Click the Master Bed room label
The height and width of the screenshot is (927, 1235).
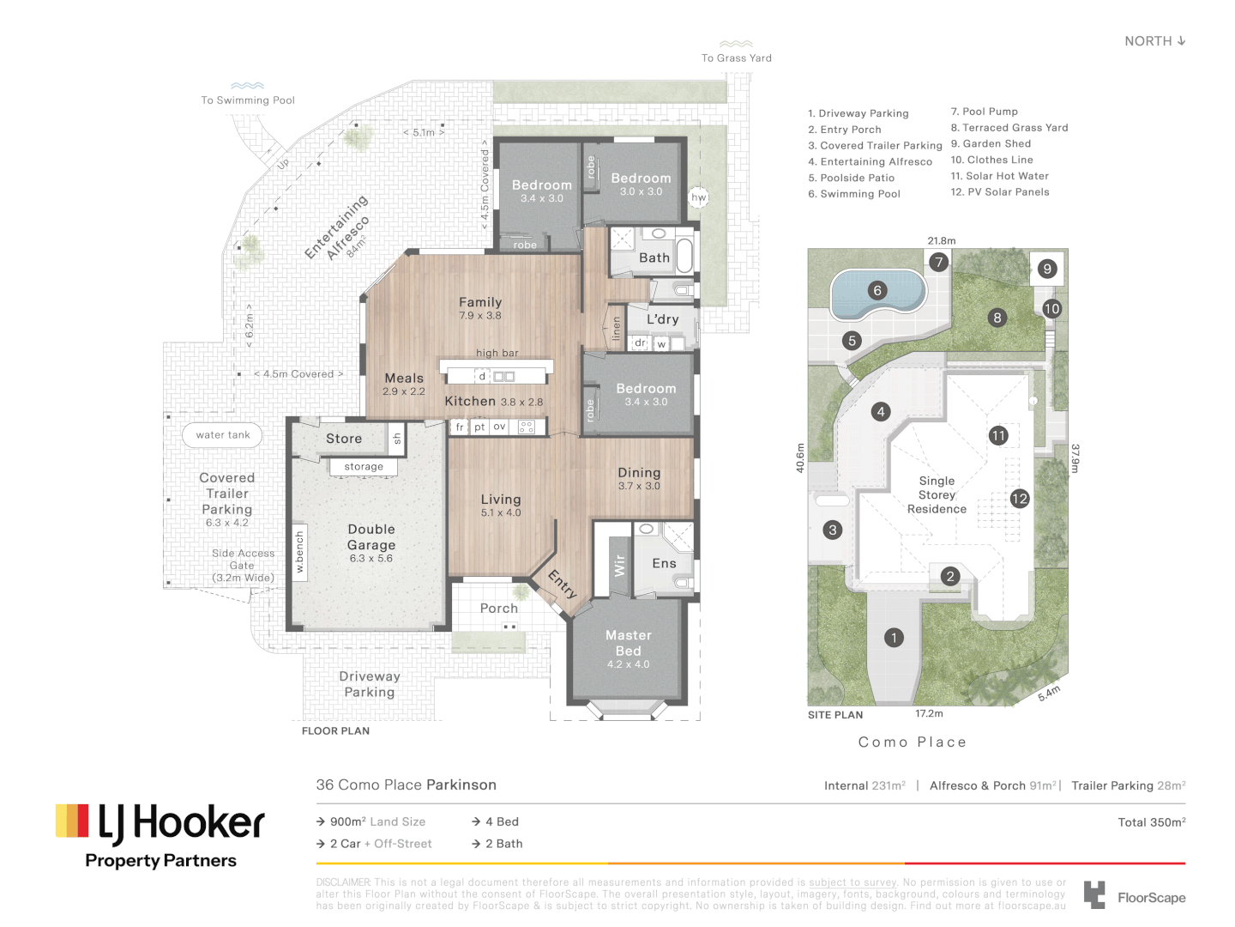pyautogui.click(x=629, y=644)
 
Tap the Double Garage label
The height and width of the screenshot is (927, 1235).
pyautogui.click(x=371, y=538)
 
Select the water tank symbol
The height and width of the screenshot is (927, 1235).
pyautogui.click(x=223, y=435)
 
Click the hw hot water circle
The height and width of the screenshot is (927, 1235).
pyautogui.click(x=699, y=197)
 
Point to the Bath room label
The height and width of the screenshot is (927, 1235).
pyautogui.click(x=654, y=257)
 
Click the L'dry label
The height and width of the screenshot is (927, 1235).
pyautogui.click(x=662, y=319)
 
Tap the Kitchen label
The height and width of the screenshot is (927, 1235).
pyautogui.click(x=470, y=401)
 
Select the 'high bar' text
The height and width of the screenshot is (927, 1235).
pyautogui.click(x=497, y=353)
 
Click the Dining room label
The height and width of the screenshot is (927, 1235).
pyautogui.click(x=639, y=473)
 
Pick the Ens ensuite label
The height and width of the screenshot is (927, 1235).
pyautogui.click(x=664, y=563)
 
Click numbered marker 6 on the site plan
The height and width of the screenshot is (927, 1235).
pyautogui.click(x=877, y=290)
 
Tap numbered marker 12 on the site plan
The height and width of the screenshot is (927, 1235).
pyautogui.click(x=1019, y=499)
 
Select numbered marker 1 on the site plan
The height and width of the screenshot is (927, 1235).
pyautogui.click(x=894, y=638)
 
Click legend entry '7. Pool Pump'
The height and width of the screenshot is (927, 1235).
pyautogui.click(x=984, y=112)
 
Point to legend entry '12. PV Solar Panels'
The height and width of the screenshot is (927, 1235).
pyautogui.click(x=999, y=192)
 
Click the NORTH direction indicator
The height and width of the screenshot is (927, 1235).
pyautogui.click(x=1154, y=41)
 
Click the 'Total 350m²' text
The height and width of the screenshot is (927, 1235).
pyautogui.click(x=1151, y=822)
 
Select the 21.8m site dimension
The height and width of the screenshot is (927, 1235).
pyautogui.click(x=941, y=241)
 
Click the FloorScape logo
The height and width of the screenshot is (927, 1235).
pyautogui.click(x=1134, y=896)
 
